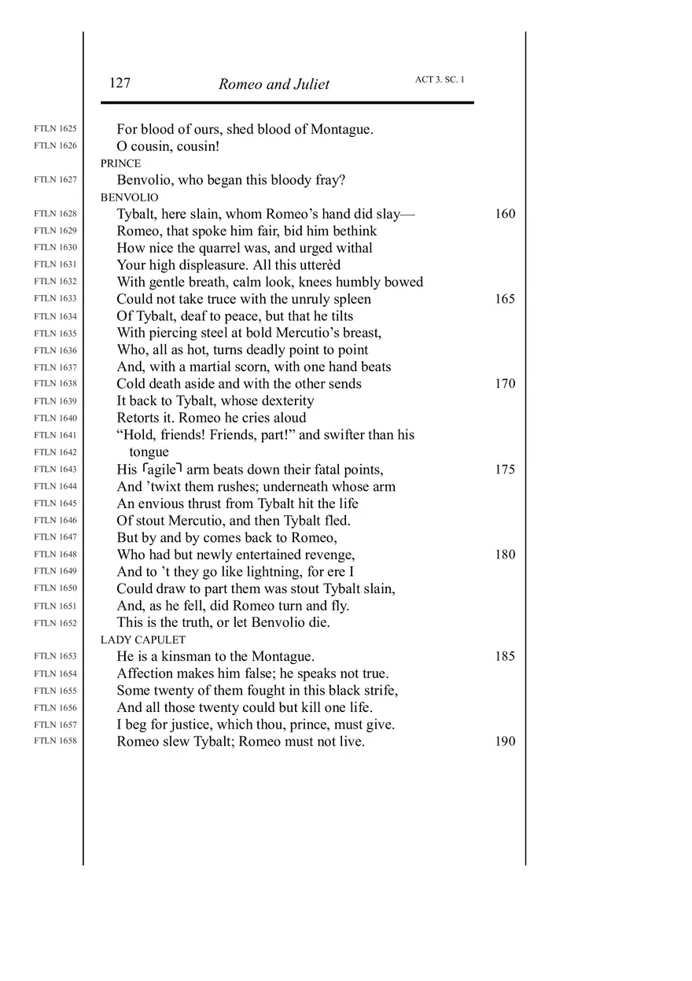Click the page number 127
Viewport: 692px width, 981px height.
point(120,83)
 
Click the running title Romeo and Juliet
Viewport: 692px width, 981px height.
point(274,84)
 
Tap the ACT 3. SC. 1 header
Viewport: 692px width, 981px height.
point(440,80)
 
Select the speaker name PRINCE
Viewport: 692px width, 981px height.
point(120,164)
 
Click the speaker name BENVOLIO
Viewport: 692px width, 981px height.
point(129,197)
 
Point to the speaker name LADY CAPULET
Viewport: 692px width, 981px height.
point(143,640)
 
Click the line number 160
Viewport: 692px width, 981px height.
point(506,214)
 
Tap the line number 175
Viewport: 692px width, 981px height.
point(506,470)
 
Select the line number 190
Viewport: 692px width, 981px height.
point(506,742)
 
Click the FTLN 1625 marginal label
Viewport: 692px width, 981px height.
point(56,128)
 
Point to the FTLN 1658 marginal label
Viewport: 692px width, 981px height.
point(56,741)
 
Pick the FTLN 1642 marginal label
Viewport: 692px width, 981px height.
point(56,452)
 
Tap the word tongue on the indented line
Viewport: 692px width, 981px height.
point(149,452)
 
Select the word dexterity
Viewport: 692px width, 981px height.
point(282,401)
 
